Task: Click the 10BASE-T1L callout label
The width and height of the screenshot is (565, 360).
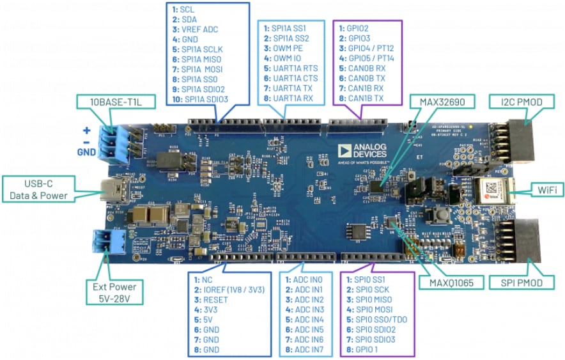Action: tap(109, 101)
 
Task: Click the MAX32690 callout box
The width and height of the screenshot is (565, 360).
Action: tap(442, 101)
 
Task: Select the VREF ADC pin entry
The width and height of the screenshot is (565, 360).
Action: tap(200, 29)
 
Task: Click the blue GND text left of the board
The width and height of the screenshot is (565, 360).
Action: tap(85, 154)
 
